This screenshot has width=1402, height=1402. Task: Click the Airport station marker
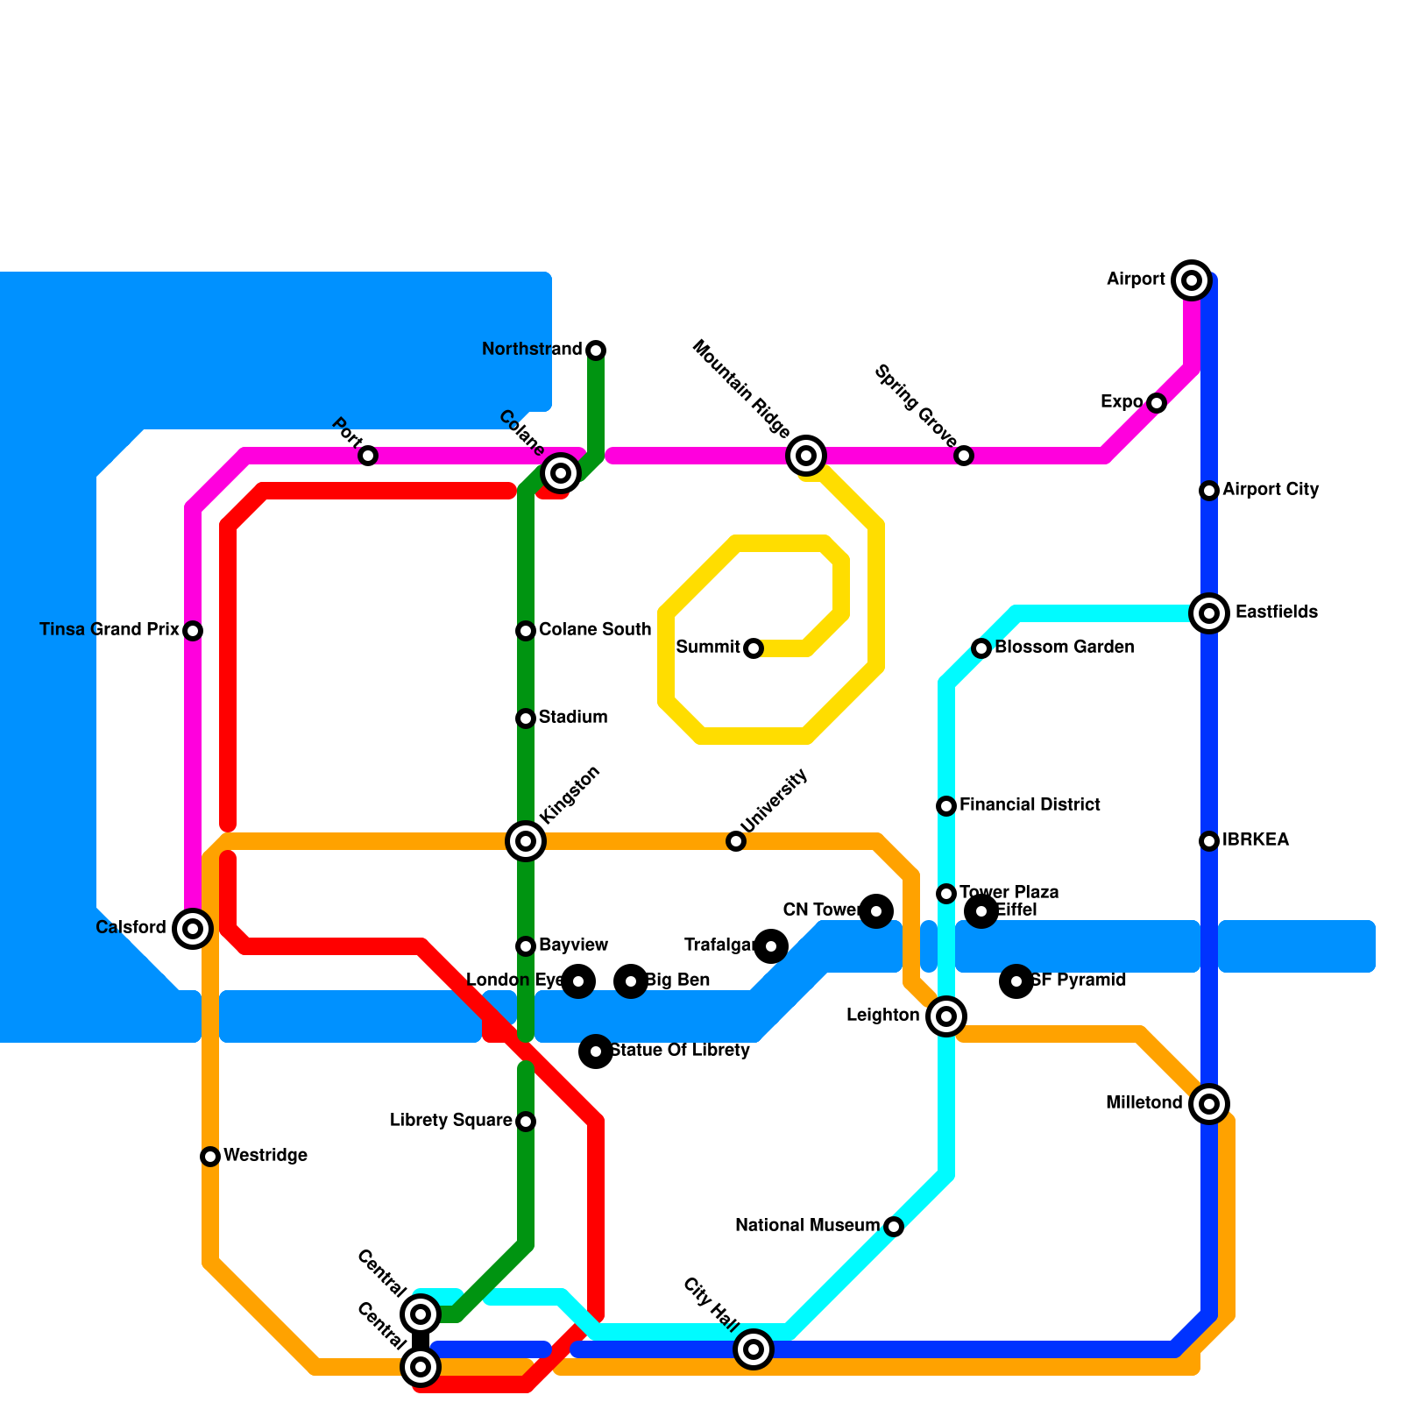tap(1192, 280)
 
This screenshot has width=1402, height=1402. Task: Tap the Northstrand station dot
tap(596, 350)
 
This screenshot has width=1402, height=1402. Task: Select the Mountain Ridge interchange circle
tap(806, 456)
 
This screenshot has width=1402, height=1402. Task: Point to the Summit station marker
tap(754, 648)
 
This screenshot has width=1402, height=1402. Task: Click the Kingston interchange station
tap(526, 841)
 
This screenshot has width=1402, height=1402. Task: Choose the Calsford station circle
tap(193, 929)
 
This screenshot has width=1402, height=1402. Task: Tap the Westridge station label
tap(266, 1156)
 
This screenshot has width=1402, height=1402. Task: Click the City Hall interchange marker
tap(754, 1349)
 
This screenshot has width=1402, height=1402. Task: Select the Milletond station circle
tap(1209, 1104)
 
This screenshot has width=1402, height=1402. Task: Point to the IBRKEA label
tap(1256, 840)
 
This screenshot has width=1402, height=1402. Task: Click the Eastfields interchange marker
tap(1209, 613)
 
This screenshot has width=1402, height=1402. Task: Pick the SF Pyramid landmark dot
tap(1016, 981)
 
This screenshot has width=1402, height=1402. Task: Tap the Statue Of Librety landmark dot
tap(596, 1051)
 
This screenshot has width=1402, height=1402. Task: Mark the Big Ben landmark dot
tap(631, 981)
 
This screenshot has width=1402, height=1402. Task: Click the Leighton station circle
tap(946, 1016)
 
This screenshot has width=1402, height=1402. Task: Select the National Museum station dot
tap(894, 1227)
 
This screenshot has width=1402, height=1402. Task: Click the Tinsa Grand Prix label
tap(110, 630)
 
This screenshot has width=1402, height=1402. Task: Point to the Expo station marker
tap(1157, 403)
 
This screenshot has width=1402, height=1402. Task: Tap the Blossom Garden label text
tap(1065, 648)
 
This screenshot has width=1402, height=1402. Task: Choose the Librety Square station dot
tap(526, 1122)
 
